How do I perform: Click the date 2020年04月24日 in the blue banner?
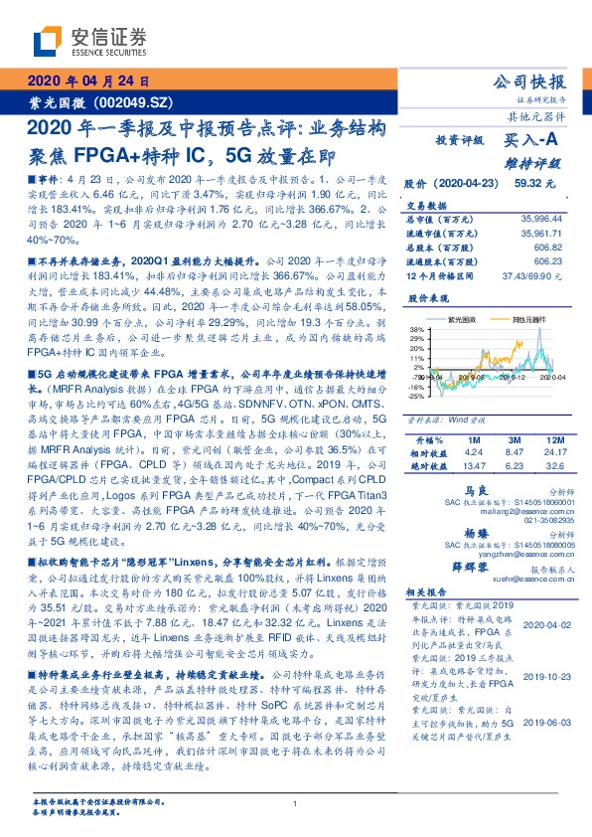[87, 82]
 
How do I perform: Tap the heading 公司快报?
[528, 81]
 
